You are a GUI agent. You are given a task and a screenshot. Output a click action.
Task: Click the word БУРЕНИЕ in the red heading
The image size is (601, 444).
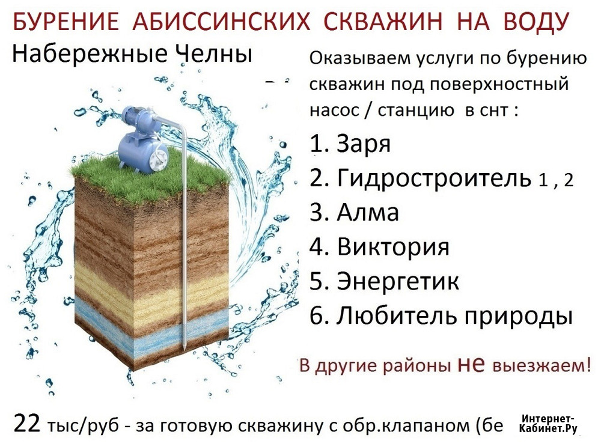[x=66, y=21]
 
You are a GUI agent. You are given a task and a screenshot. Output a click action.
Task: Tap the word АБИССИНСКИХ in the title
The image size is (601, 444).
[x=221, y=21]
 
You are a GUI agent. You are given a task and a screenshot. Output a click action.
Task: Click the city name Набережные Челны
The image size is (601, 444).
[x=132, y=53]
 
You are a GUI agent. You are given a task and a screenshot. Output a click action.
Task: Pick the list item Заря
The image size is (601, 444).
[x=364, y=144]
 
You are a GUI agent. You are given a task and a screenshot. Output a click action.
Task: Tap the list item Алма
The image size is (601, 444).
[x=368, y=212]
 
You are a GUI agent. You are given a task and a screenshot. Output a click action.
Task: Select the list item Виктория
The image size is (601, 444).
[x=393, y=247]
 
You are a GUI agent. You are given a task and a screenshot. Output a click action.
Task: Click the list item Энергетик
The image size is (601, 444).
[x=398, y=281]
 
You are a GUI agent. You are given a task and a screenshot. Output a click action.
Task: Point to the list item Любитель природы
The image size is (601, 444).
[x=454, y=317]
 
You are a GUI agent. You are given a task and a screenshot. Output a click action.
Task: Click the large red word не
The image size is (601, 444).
[x=471, y=364]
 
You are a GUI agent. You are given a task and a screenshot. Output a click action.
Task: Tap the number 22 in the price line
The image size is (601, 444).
[x=27, y=424]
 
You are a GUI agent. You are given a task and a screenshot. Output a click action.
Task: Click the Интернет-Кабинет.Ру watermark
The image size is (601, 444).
[x=548, y=424]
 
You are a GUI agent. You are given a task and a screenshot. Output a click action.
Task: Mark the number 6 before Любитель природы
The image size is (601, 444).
[x=317, y=317]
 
